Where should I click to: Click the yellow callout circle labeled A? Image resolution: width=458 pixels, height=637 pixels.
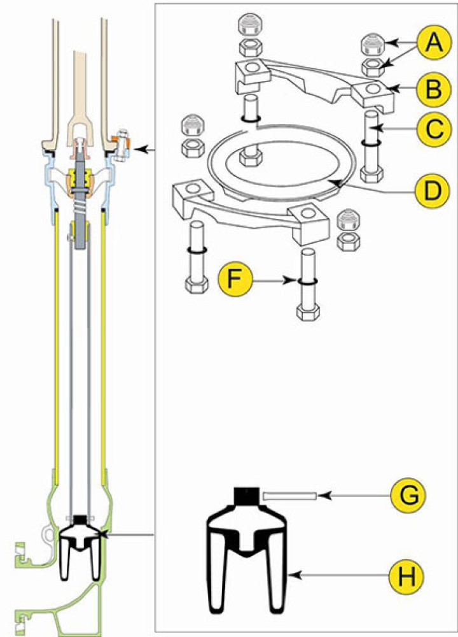[x=432, y=43]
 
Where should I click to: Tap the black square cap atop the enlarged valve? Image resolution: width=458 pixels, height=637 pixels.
[x=247, y=495]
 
